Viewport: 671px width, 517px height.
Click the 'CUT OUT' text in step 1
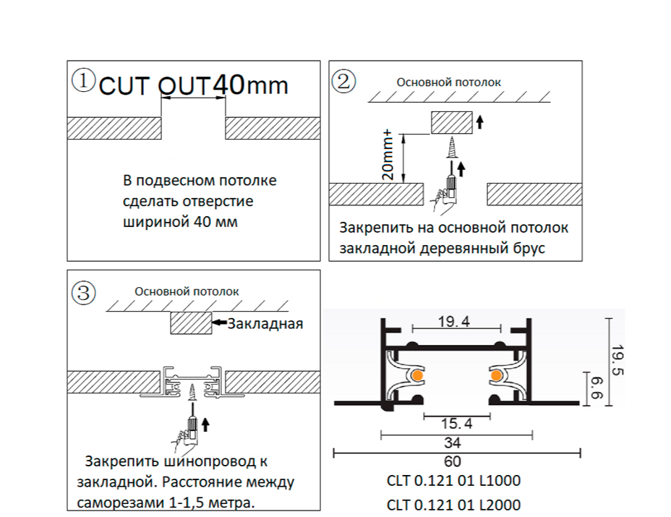tap(153, 86)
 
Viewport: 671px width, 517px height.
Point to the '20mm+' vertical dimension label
tap(388, 155)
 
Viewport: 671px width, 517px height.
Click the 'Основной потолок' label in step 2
tap(448, 82)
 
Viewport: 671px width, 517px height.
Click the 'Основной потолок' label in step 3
tap(187, 291)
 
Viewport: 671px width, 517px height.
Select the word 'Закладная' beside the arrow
tap(265, 323)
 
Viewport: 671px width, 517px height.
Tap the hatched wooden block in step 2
tap(451, 122)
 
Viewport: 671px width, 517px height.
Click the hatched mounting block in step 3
tap(190, 323)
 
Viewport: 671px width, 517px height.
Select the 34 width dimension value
tap(454, 443)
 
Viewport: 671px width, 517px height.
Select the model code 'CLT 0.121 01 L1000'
tap(453, 481)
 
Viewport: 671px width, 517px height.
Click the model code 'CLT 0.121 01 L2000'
tap(453, 504)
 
